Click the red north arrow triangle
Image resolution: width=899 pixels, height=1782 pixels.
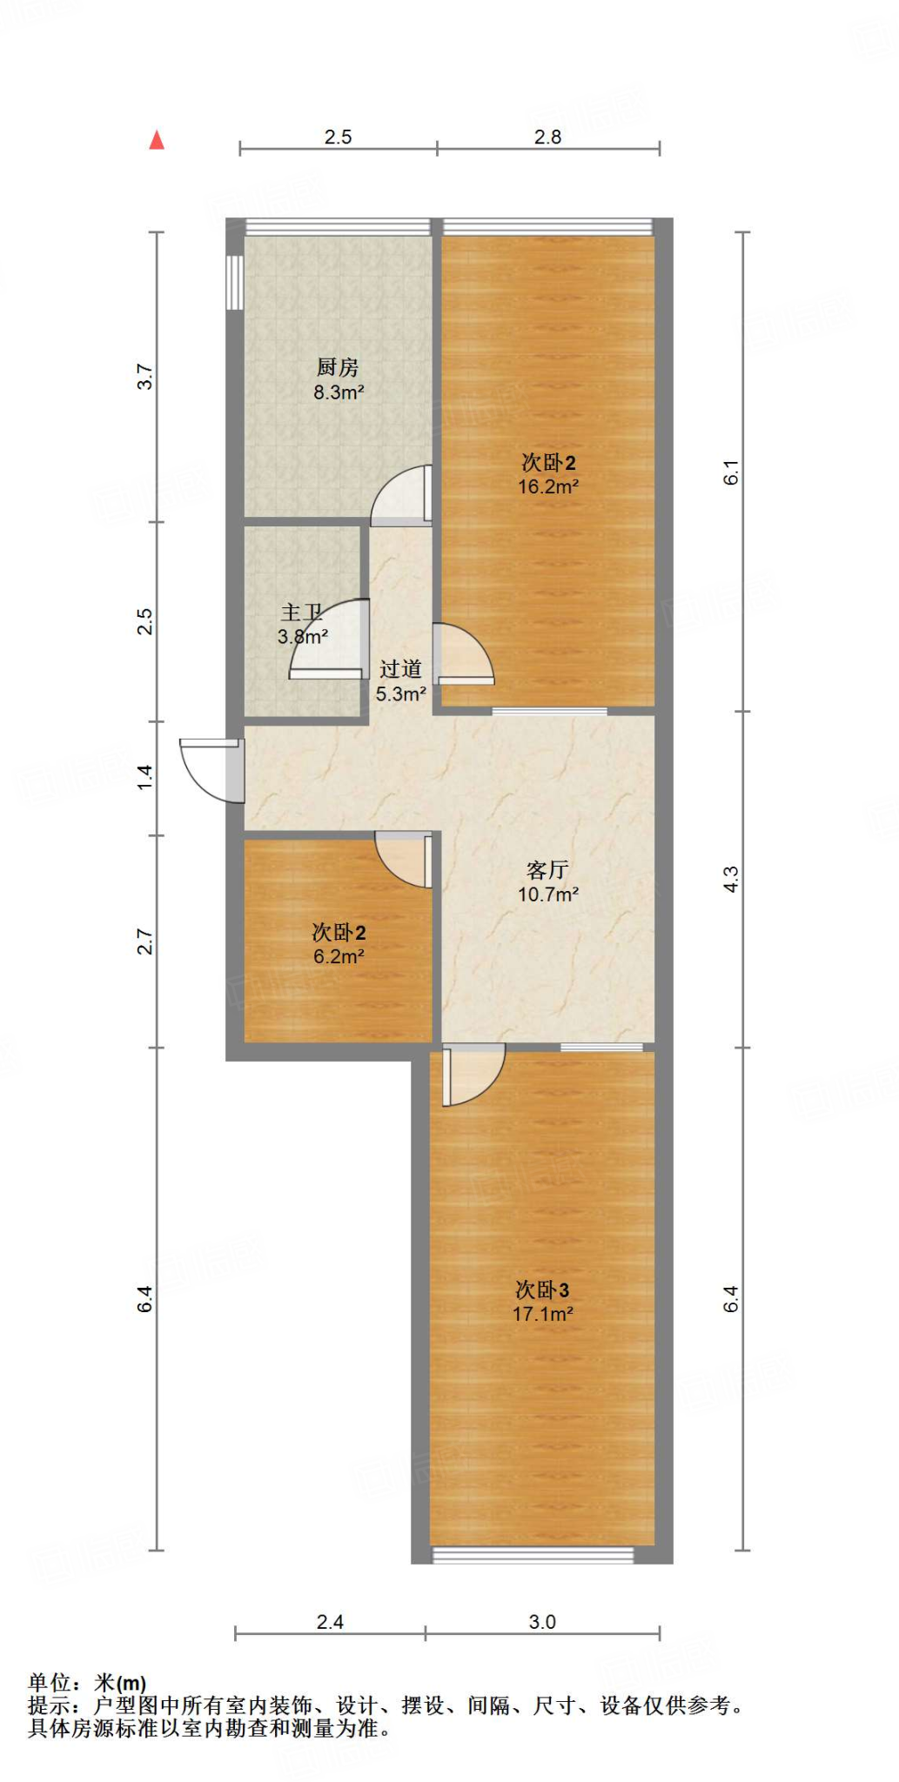(x=157, y=140)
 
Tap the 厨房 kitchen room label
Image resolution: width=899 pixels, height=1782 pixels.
(x=338, y=367)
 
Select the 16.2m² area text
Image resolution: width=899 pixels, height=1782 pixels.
(x=548, y=487)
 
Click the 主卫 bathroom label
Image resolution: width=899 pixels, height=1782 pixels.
(x=301, y=613)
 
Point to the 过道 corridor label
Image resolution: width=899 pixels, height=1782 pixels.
(x=400, y=669)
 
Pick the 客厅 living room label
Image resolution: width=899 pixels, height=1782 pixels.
(x=547, y=870)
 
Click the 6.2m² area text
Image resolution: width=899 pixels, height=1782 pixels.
(x=339, y=957)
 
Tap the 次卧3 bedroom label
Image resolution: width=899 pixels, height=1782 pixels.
(x=542, y=1290)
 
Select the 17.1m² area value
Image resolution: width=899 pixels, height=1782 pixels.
(x=542, y=1314)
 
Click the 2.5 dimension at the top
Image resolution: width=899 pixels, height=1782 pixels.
(x=338, y=137)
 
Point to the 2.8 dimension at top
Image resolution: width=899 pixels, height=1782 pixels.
(x=547, y=137)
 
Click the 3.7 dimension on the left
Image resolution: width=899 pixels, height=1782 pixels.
(x=145, y=377)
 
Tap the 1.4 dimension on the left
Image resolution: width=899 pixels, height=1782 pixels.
(x=145, y=777)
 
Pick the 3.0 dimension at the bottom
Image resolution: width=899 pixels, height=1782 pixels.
(x=541, y=1622)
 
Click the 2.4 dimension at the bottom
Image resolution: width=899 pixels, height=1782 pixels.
(x=330, y=1622)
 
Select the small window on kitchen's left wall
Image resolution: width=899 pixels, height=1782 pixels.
(x=234, y=282)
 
